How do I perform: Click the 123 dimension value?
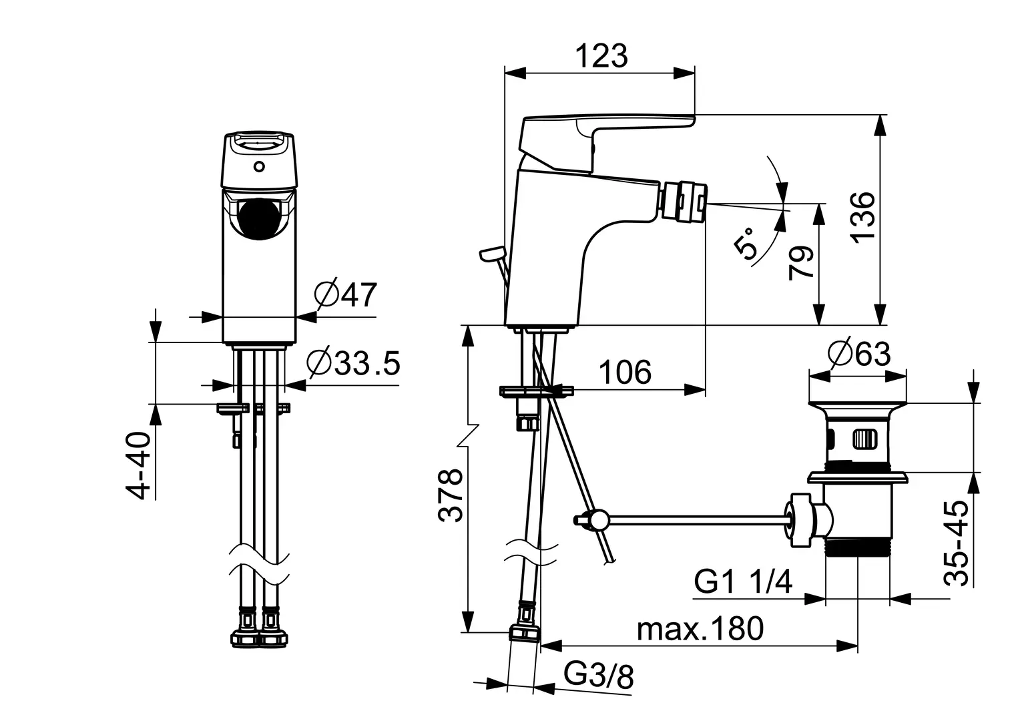tap(601, 56)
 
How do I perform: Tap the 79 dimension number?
tap(801, 262)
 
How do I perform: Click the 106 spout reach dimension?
tap(624, 373)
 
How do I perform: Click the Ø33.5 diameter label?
tap(353, 363)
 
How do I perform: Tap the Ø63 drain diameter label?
tap(858, 353)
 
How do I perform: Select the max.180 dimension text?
tap(700, 629)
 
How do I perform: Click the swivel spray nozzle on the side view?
tap(684, 199)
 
